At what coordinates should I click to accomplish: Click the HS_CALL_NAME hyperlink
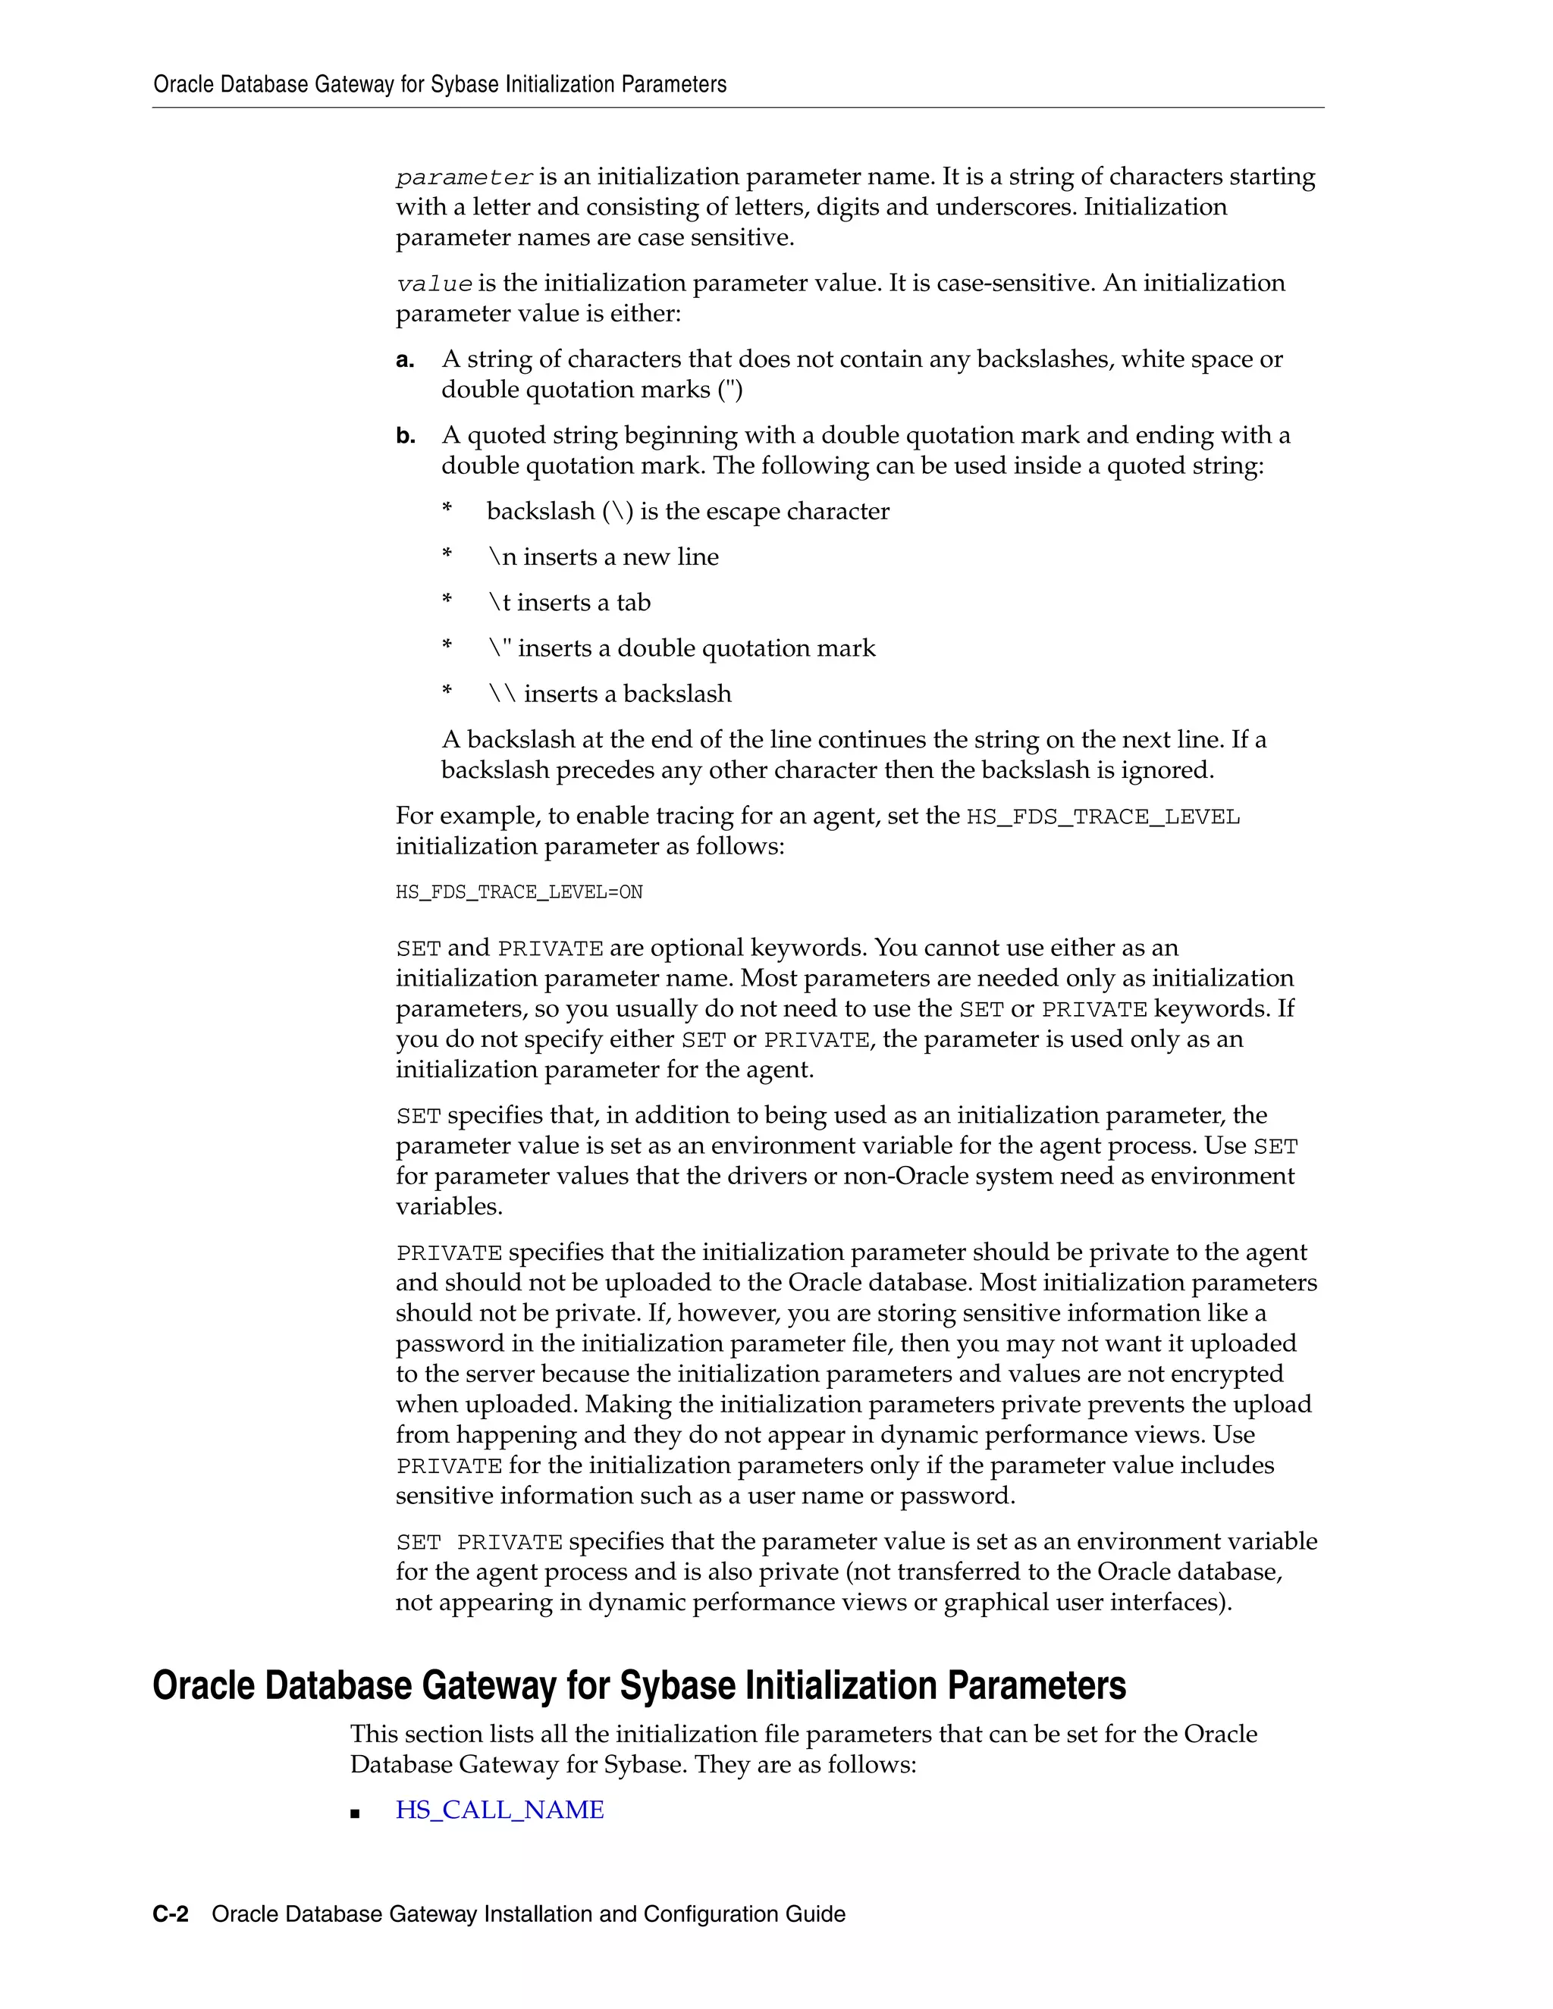[x=500, y=1810]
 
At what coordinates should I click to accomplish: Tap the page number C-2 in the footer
[x=170, y=1913]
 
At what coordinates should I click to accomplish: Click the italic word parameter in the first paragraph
[x=465, y=177]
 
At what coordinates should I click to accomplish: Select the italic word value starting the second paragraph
[x=435, y=284]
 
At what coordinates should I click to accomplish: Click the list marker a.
[x=405, y=359]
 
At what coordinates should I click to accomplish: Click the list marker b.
[x=405, y=436]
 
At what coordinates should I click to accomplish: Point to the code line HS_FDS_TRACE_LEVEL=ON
[x=519, y=892]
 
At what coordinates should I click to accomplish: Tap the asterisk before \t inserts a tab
[x=447, y=600]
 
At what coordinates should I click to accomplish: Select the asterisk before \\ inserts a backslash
[x=447, y=691]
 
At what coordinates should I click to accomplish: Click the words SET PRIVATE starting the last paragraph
[x=478, y=1542]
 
